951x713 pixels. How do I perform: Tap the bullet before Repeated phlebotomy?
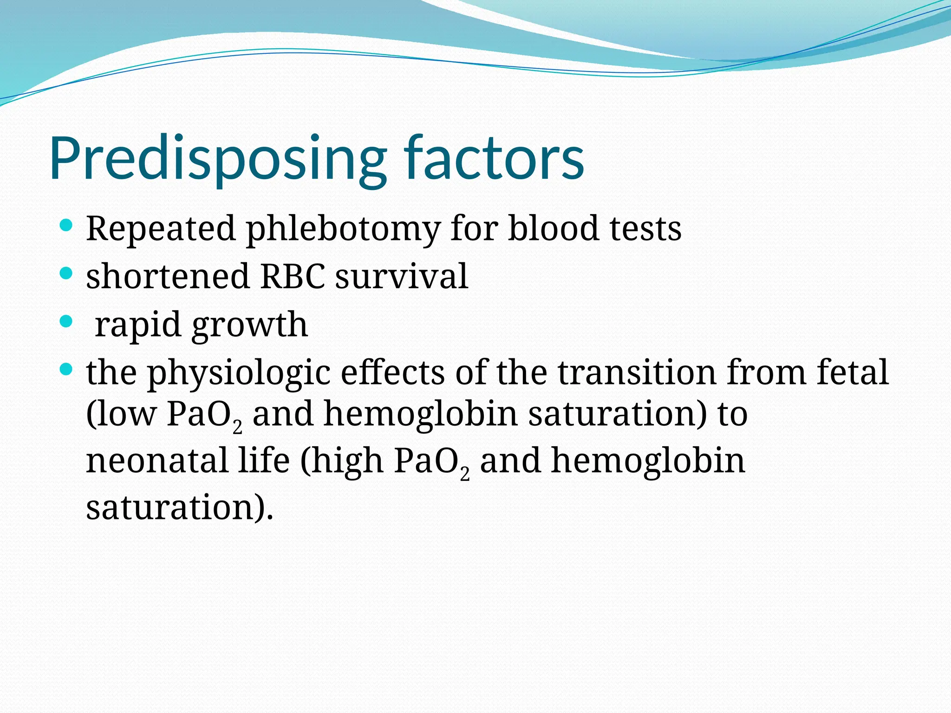67,226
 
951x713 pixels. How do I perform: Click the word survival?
402,276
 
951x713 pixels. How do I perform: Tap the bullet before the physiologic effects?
67,369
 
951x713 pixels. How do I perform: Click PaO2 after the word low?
204,415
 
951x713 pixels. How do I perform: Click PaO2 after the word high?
432,462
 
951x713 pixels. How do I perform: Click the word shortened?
168,276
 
